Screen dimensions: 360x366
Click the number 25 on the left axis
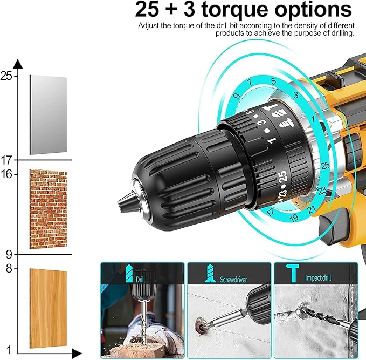pos(6,76)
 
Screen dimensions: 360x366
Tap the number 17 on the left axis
pos(6,160)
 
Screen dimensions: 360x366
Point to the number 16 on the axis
pos(6,174)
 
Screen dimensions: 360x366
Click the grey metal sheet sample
pos(48,114)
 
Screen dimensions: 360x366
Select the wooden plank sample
pos(48,309)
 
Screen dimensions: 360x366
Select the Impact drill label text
pos(321,279)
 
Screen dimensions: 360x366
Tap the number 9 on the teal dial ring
pos(237,96)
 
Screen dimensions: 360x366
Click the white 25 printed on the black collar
pos(282,177)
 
